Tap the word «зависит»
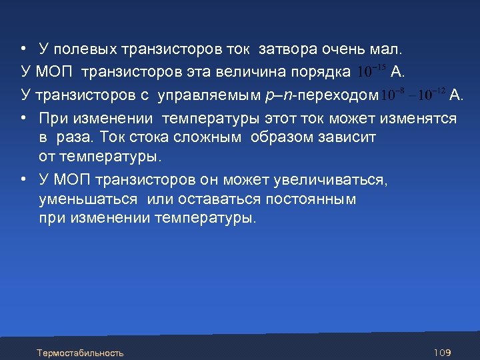(x=347, y=137)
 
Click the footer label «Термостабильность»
(x=80, y=352)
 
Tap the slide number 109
(x=443, y=352)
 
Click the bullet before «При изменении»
(x=23, y=118)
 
